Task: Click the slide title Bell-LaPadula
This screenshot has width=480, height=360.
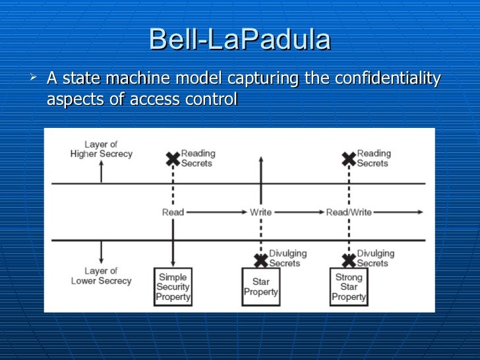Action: pyautogui.click(x=240, y=40)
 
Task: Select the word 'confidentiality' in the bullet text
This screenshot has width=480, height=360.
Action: pyautogui.click(x=388, y=79)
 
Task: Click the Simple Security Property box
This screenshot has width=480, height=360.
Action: pyautogui.click(x=173, y=286)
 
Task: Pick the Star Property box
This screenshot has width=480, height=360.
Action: pyautogui.click(x=261, y=287)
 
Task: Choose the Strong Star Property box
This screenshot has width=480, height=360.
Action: pyautogui.click(x=349, y=287)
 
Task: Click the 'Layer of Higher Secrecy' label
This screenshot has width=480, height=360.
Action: pyautogui.click(x=101, y=149)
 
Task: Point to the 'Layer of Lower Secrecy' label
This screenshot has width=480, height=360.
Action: pyautogui.click(x=101, y=276)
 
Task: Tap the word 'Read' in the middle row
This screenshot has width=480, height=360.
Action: pyautogui.click(x=173, y=212)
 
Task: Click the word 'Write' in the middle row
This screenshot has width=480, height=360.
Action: pyautogui.click(x=260, y=212)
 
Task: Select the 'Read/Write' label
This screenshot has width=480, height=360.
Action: pyautogui.click(x=349, y=212)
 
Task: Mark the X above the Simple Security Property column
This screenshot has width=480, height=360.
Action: pyautogui.click(x=173, y=158)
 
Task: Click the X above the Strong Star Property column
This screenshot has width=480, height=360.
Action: pyautogui.click(x=349, y=158)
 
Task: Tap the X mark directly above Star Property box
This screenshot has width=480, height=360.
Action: pyautogui.click(x=261, y=259)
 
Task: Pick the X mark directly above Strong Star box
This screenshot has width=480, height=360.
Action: pyautogui.click(x=349, y=259)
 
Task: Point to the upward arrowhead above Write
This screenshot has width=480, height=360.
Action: pyautogui.click(x=261, y=160)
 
